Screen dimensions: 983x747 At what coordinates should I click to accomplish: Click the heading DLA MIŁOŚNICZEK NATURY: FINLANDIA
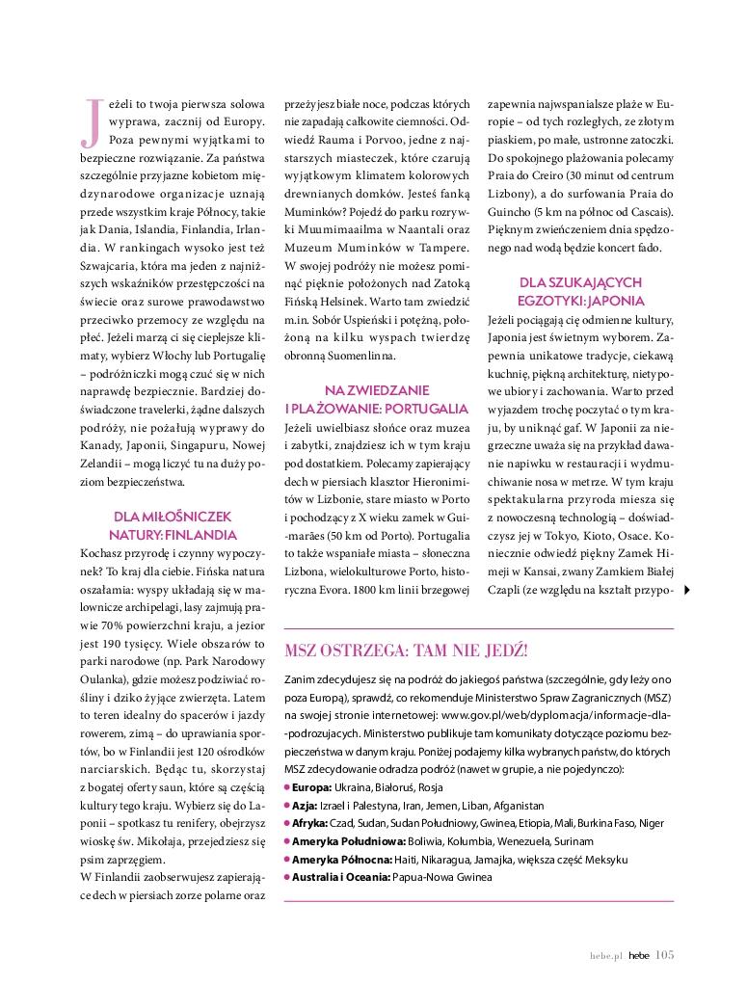pyautogui.click(x=174, y=524)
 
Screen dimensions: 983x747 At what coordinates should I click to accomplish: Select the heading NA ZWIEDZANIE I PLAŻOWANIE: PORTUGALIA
pyautogui.click(x=376, y=398)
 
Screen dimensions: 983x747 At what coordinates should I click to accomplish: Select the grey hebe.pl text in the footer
pyautogui.click(x=605, y=956)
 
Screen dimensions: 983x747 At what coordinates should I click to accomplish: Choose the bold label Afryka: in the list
pyautogui.click(x=311, y=823)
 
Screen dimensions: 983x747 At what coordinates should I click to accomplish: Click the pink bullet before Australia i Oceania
pyautogui.click(x=288, y=877)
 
